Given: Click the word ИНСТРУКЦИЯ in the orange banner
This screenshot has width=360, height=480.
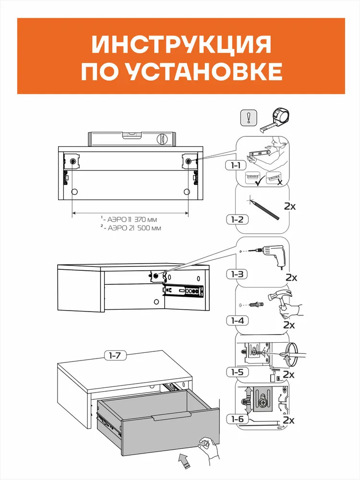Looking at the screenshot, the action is pos(181,45).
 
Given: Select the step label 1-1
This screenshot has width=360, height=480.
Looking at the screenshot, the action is pos(235,165).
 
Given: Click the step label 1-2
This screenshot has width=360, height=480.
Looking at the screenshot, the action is pos(237,219).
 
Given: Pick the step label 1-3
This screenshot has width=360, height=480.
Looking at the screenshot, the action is pos(237,274).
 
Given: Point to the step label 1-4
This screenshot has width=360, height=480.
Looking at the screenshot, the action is pos(237,321).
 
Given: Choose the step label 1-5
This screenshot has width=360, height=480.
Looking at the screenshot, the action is pos(237,372).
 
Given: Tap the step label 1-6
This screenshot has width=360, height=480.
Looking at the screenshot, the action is pos(237,419).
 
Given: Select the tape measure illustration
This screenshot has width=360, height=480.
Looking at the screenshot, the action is pos(275,120).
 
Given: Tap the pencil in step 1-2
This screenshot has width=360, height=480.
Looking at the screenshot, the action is pos(265,210).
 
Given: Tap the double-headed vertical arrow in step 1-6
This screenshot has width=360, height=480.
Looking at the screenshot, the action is pos(249,400).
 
